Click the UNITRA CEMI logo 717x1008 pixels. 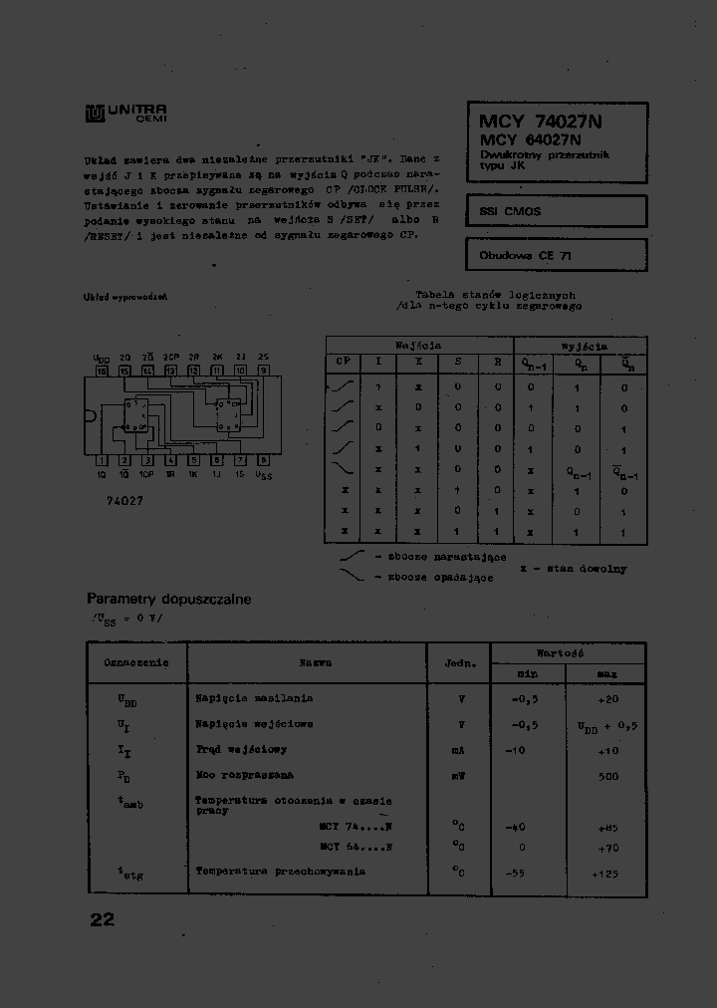pyautogui.click(x=125, y=114)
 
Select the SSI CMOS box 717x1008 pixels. pyautogui.click(x=556, y=211)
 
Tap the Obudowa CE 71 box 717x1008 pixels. pyautogui.click(x=556, y=255)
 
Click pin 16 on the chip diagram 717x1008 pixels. pyautogui.click(x=101, y=370)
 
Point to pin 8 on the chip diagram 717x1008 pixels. pyautogui.click(x=263, y=461)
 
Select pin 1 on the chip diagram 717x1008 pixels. pyautogui.click(x=101, y=461)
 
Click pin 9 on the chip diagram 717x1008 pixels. pyautogui.click(x=263, y=370)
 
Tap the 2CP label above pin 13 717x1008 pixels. pyautogui.click(x=170, y=357)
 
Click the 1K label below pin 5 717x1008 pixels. pyautogui.click(x=193, y=475)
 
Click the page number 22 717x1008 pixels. pyautogui.click(x=102, y=919)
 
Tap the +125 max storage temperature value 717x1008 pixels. pyautogui.click(x=606, y=873)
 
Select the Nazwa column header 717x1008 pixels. pyautogui.click(x=316, y=662)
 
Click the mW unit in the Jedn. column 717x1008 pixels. pyautogui.click(x=458, y=775)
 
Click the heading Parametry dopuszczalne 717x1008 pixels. pyautogui.click(x=168, y=600)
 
